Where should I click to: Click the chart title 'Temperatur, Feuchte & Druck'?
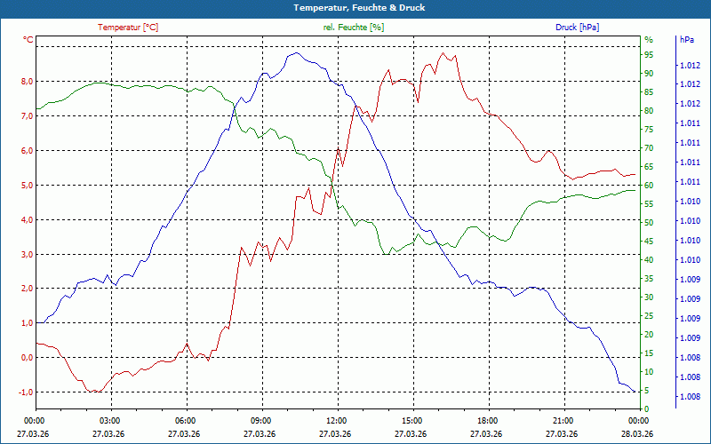pos(355,8)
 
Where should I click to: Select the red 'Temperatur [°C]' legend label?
pos(128,28)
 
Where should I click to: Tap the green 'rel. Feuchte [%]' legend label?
pos(354,28)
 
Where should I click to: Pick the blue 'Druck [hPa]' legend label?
pos(577,28)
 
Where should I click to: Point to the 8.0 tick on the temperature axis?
pos(27,82)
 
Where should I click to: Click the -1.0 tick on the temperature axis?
pos(26,392)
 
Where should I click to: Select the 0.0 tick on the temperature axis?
pos(27,358)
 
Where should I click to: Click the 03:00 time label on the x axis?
pos(109,421)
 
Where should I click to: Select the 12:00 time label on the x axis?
pos(337,421)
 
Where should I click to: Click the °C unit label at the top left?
pos(28,40)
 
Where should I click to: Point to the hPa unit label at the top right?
pos(686,40)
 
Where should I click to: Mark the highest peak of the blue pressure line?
pos(292,53)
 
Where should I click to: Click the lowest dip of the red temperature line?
pos(92,392)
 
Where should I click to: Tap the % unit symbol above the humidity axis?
pos(648,40)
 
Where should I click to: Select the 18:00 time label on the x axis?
pos(487,421)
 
